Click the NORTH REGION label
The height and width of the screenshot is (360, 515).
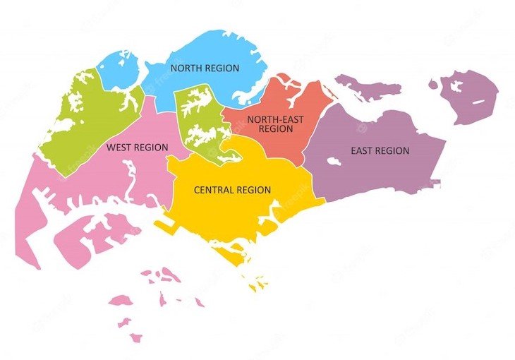(x=205, y=68)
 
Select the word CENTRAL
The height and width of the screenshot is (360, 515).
(x=214, y=190)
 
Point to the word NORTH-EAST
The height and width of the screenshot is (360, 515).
(x=276, y=119)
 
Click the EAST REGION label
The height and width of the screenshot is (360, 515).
(x=380, y=150)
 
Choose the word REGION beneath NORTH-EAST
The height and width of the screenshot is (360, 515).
(x=276, y=129)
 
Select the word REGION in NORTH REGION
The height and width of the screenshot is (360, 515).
(x=222, y=68)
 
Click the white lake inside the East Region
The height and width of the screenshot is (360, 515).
(x=334, y=162)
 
